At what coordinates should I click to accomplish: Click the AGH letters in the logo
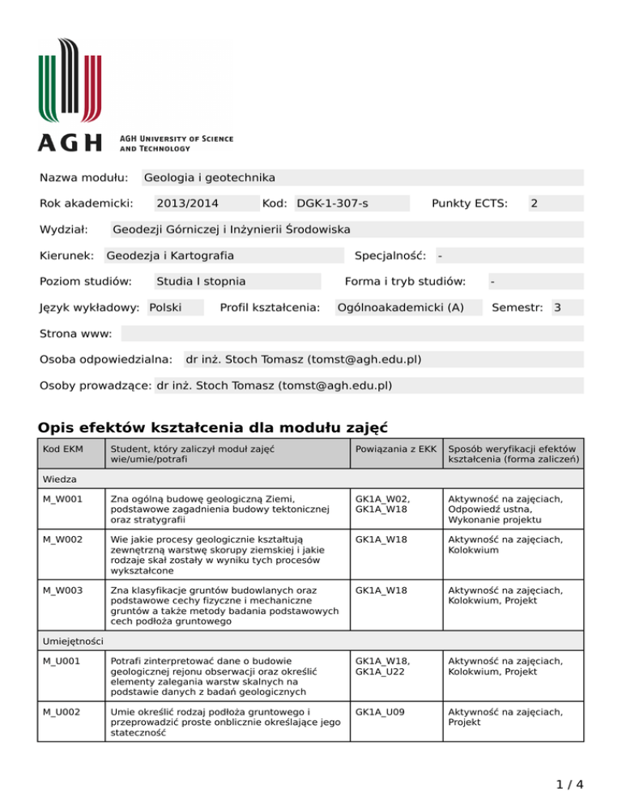71,143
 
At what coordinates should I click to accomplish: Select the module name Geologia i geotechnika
209,177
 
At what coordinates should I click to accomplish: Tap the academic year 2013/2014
187,203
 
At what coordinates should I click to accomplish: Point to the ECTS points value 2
534,203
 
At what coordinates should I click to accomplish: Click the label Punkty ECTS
469,203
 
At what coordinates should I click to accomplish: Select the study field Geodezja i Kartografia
170,256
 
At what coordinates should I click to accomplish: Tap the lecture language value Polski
165,308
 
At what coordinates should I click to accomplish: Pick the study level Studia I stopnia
201,282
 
